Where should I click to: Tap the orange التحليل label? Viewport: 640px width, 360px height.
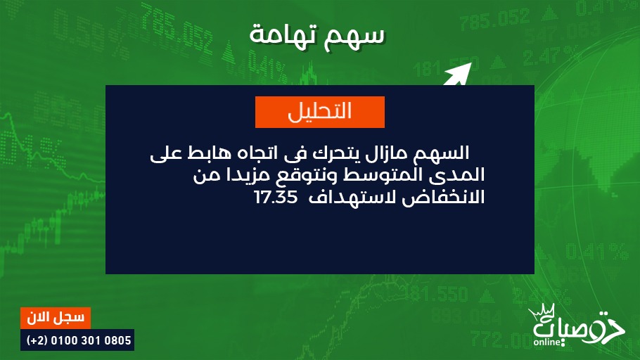pos(320,112)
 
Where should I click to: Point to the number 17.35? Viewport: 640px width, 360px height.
pos(276,198)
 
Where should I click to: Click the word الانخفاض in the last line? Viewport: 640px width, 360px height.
pos(443,198)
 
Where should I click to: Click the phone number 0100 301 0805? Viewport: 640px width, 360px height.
pos(91,340)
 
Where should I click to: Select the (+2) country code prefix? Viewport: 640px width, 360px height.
pos(37,340)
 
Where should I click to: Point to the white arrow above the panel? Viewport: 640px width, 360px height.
pos(458,74)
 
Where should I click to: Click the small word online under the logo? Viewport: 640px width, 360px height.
pos(547,342)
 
